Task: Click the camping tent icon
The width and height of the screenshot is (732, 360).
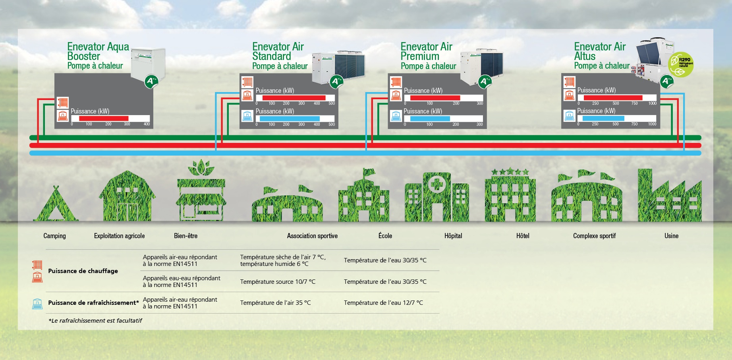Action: [x=56, y=204]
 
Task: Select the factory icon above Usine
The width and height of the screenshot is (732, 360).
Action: [x=670, y=196]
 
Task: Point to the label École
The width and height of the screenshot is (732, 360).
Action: [x=385, y=236]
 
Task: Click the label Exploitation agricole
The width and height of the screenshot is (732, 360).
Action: [x=119, y=236]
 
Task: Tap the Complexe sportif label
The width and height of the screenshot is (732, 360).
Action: [x=594, y=236]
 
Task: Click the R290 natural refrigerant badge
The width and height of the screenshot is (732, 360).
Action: [x=681, y=64]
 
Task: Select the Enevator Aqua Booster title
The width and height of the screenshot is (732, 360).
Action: [x=98, y=52]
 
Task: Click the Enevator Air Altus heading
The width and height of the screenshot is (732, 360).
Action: [x=600, y=52]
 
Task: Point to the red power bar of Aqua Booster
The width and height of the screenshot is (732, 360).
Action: [x=104, y=118]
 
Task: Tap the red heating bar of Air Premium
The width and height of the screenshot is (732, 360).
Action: [x=435, y=98]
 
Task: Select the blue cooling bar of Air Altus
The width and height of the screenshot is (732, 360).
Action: [x=603, y=118]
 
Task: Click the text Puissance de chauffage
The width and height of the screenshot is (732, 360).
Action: [x=83, y=271]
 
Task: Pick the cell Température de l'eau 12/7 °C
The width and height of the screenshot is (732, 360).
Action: [x=383, y=302]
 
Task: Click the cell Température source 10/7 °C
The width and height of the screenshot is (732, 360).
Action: [x=278, y=281]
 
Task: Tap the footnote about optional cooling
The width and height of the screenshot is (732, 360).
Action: [x=95, y=320]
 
